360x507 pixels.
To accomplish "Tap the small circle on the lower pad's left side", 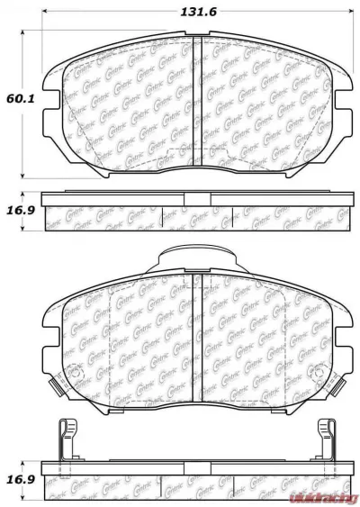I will tap(76, 373).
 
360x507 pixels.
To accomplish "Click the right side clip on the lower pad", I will tap(341, 384).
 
